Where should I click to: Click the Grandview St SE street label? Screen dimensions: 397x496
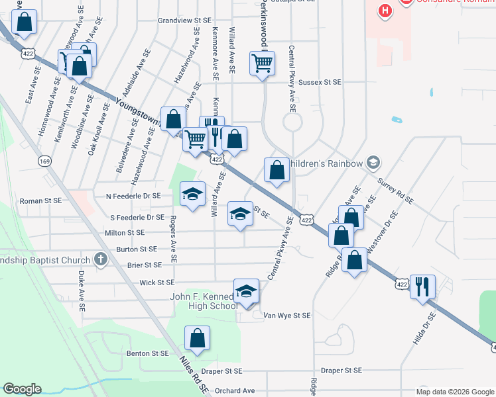coord(184,21)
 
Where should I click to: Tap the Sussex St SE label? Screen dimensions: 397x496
coord(320,83)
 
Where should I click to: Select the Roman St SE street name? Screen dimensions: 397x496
coord(40,200)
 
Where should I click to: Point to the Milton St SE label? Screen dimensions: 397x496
coord(125,233)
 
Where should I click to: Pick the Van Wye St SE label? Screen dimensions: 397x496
coord(286,316)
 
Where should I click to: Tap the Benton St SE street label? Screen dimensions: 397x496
coord(147,354)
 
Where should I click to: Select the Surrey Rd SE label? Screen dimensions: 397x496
coord(395,190)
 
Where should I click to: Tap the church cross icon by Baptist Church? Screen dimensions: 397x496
coord(100,259)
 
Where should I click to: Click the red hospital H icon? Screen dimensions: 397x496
coord(384,11)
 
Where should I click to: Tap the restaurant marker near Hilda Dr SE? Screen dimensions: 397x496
coord(422,287)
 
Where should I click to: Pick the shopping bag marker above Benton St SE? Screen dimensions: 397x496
coord(198,338)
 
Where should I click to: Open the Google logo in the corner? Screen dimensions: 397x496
coord(22,389)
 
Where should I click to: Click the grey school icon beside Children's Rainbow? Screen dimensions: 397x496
coord(373,163)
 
